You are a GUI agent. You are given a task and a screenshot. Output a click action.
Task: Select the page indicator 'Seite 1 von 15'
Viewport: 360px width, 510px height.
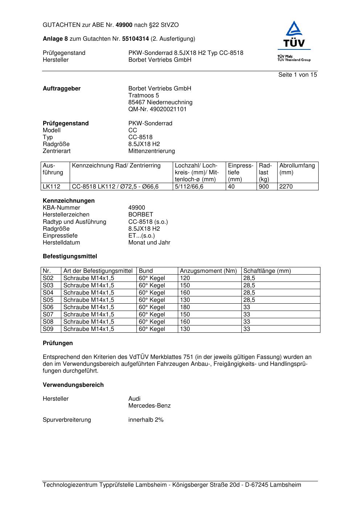coord(298,75)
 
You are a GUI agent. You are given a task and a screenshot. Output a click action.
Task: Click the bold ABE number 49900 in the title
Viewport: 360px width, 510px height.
coord(124,25)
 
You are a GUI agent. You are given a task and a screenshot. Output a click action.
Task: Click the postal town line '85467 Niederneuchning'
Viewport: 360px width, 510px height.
coord(160,102)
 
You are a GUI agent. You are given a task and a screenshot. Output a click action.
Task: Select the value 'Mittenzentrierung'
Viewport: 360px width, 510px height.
coord(151,151)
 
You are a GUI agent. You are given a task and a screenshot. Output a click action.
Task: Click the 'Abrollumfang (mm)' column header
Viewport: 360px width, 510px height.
coord(297,169)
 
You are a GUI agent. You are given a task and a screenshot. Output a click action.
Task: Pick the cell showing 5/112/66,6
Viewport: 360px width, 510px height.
coord(189,187)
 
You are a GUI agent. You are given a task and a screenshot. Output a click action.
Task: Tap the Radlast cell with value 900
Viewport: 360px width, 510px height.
coord(264,187)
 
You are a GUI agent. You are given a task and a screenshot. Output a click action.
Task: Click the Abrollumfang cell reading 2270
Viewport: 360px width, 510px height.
coord(286,187)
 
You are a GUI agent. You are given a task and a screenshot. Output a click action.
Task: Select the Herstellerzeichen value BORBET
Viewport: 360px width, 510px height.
coord(140,215)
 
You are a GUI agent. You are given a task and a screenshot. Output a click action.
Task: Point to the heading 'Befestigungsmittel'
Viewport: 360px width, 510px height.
coord(70,256)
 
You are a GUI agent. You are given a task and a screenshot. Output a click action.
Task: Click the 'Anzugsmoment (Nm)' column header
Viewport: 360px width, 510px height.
coord(208,271)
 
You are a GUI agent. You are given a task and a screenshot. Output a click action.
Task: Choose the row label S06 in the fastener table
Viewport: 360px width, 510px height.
coord(48,307)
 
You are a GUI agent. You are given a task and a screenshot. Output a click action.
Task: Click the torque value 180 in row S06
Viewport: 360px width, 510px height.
coord(185,307)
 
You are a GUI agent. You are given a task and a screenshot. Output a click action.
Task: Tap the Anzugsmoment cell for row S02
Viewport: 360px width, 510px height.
coord(185,278)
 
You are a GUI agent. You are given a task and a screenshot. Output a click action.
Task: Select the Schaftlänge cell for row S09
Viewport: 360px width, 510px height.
coord(247,329)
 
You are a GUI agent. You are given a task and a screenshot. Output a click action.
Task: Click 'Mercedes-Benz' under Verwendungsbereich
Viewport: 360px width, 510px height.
coord(149,406)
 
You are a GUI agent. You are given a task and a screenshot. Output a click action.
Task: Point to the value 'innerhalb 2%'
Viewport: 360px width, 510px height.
coord(146,420)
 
